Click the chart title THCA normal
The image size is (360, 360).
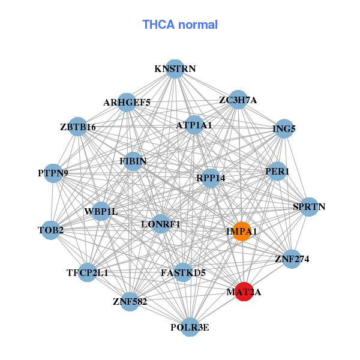pyautogui.click(x=179, y=25)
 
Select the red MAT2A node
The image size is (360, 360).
pyautogui.click(x=244, y=292)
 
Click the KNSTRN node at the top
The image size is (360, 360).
pyautogui.click(x=175, y=69)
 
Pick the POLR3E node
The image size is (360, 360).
pyautogui.click(x=190, y=327)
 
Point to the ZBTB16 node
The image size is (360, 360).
pyautogui.click(x=78, y=127)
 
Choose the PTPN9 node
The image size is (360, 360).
pyautogui.click(x=53, y=173)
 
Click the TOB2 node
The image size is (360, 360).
pyautogui.click(x=51, y=230)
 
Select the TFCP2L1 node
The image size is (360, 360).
pyautogui.click(x=88, y=272)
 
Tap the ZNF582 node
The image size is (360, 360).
pyautogui.click(x=130, y=301)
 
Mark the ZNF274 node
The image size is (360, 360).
pyautogui.click(x=292, y=259)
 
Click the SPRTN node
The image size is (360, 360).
pyautogui.click(x=309, y=207)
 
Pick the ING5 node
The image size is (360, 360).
pyautogui.click(x=284, y=128)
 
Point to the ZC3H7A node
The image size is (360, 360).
pyautogui.click(x=238, y=100)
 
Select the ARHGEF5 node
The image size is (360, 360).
pyautogui.click(x=127, y=102)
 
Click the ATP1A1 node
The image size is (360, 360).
pyautogui.click(x=194, y=125)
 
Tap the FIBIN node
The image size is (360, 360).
pyautogui.click(x=133, y=161)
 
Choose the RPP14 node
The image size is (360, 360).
pyautogui.click(x=211, y=178)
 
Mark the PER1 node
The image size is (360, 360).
pyautogui.click(x=277, y=171)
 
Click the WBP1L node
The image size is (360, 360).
pyautogui.click(x=101, y=211)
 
